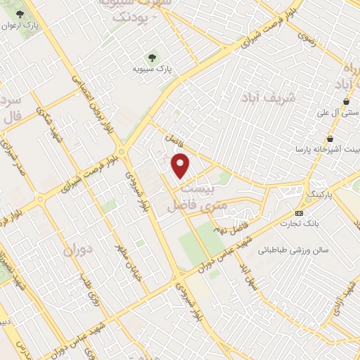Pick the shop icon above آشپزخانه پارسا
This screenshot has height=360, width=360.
pos(330,139)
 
